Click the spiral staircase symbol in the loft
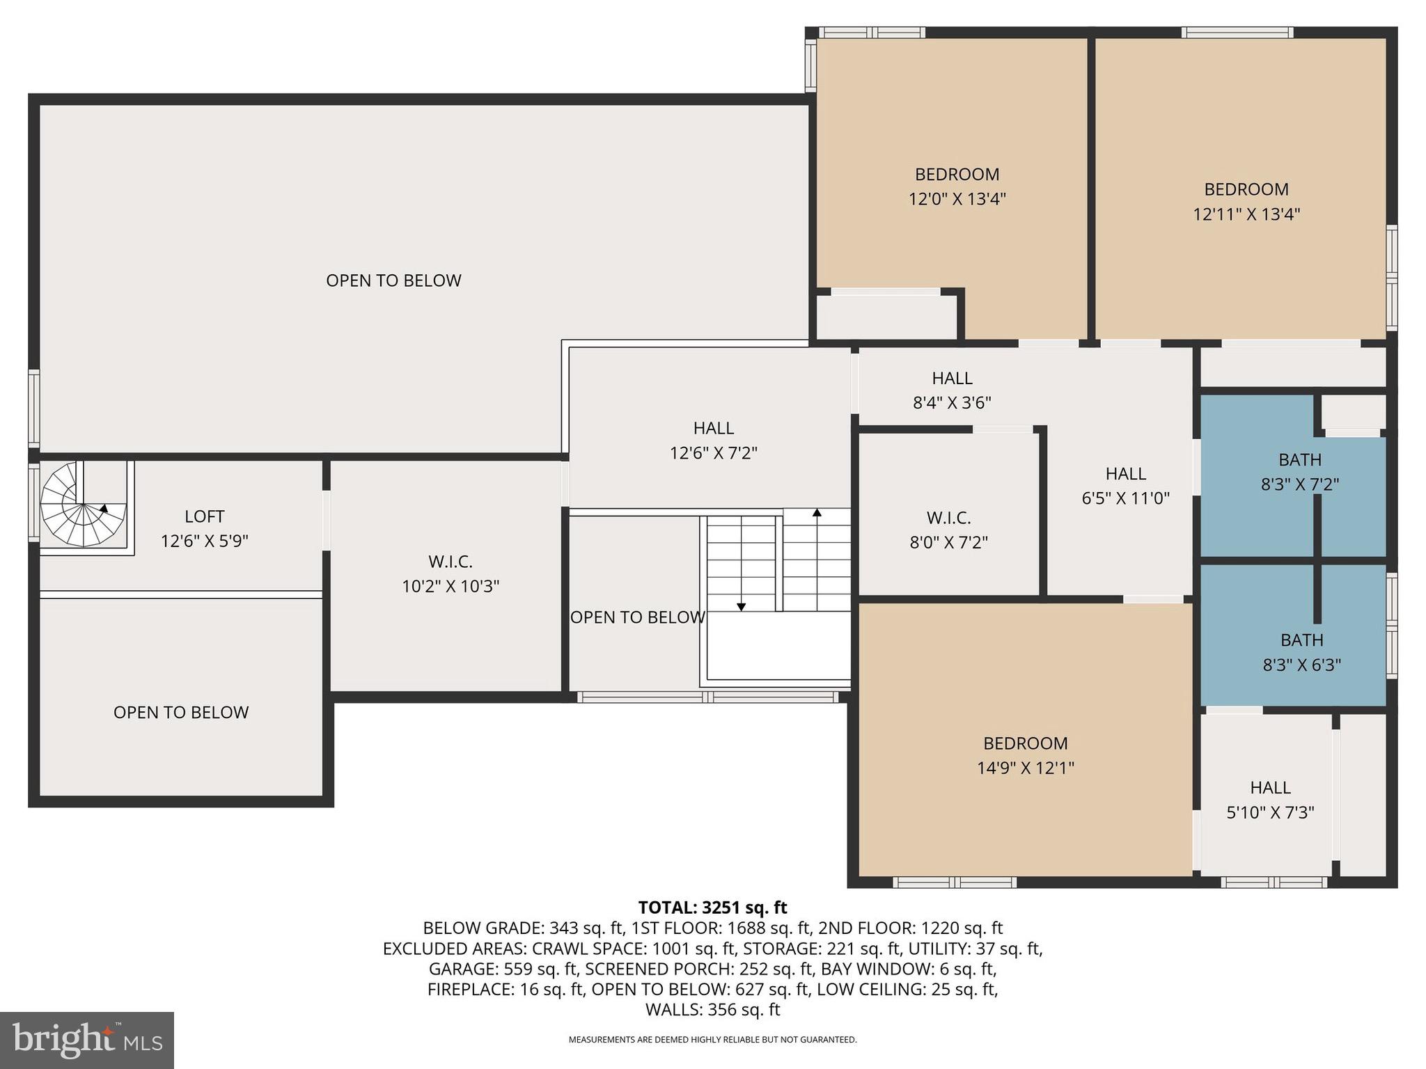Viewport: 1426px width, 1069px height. [83, 505]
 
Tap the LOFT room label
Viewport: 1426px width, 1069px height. [204, 516]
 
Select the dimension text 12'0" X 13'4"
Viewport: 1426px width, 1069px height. [957, 199]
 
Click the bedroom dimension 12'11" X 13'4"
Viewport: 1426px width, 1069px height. [1246, 214]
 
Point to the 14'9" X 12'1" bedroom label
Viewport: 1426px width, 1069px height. [1025, 768]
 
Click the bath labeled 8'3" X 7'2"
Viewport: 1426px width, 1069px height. [1299, 484]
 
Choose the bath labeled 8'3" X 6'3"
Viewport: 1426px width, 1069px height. [1301, 665]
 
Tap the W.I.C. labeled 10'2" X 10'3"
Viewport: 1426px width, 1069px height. [450, 586]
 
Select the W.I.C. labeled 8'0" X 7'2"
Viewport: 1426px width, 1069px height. [948, 542]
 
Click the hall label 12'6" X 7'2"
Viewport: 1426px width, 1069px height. [713, 453]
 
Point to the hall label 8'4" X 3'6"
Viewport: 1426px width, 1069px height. [952, 402]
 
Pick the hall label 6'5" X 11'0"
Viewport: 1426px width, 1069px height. [1125, 498]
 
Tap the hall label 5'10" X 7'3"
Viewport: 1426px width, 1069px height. [1270, 812]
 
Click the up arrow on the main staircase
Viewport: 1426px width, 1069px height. [817, 514]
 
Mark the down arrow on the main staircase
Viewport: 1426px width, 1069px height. [741, 607]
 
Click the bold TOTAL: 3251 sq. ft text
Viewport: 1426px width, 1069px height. [712, 908]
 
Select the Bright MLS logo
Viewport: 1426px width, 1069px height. [87, 1040]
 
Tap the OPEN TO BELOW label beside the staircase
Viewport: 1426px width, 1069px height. [637, 617]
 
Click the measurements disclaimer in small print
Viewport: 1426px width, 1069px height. [712, 1040]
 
